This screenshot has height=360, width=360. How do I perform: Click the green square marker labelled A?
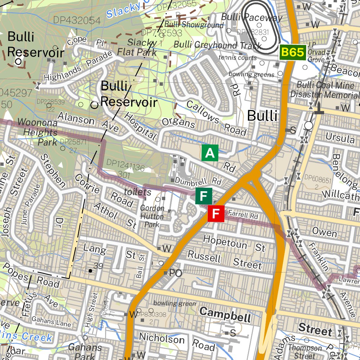[210, 153]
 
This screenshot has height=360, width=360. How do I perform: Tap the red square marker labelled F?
[216, 213]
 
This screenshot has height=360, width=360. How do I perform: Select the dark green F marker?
[204, 196]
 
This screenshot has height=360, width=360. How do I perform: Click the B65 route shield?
[292, 52]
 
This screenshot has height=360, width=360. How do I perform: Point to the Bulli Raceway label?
[251, 17]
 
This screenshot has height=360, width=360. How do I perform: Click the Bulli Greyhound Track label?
[218, 45]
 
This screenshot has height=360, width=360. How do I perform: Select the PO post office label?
[175, 273]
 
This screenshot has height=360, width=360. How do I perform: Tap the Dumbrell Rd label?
[198, 182]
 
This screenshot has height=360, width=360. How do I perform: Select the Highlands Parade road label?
[78, 67]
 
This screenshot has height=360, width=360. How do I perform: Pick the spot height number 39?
[98, 266]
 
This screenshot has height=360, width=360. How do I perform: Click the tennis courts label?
[237, 57]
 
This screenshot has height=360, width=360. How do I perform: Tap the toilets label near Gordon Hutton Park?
[137, 192]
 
